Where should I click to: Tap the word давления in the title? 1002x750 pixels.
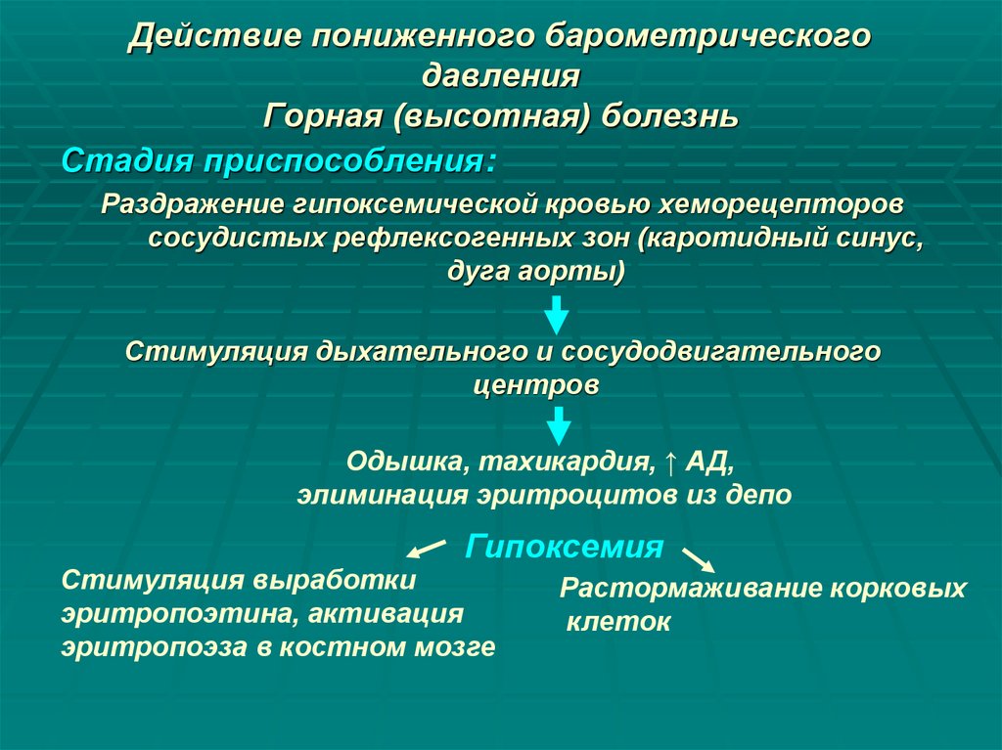click(502, 75)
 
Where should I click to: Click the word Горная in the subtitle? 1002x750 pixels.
click(322, 115)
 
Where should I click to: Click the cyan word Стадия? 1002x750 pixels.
click(127, 158)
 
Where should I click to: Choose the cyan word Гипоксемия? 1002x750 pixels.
click(565, 545)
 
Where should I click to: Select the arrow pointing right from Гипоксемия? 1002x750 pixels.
click(698, 559)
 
